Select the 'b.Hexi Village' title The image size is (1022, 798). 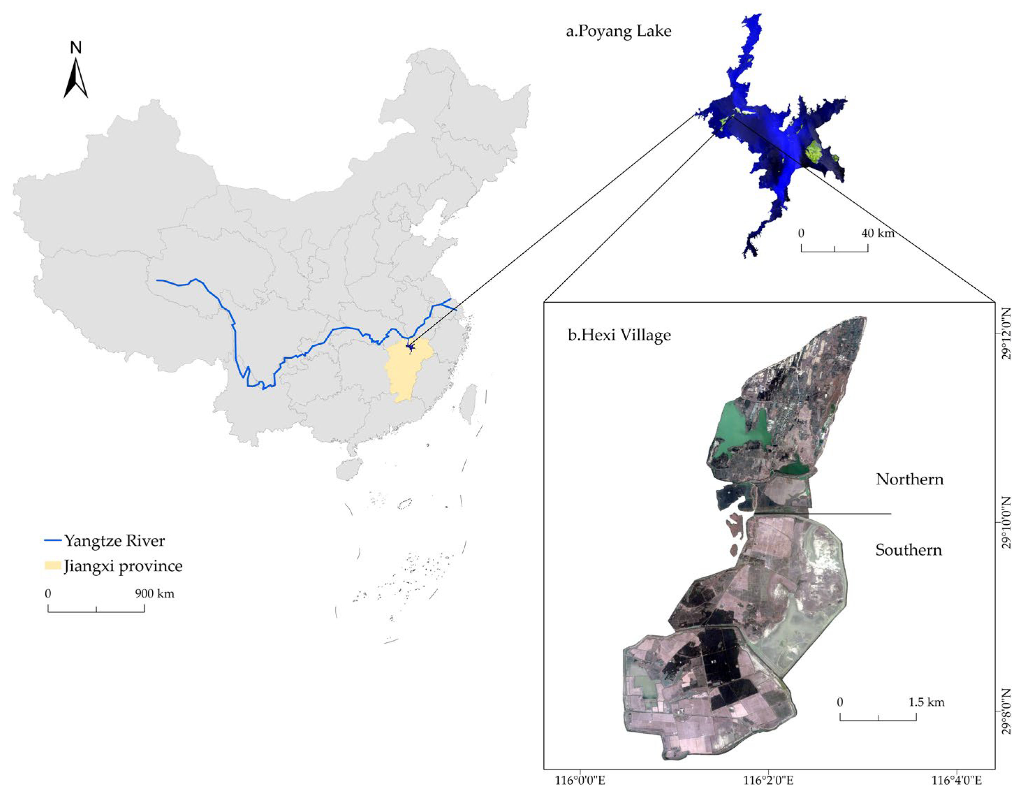coord(619,335)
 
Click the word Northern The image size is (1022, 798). coord(909,479)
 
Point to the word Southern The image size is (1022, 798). coord(908,550)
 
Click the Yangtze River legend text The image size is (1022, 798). coord(114,541)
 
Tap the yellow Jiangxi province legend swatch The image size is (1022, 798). coord(52,566)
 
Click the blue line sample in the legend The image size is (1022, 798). coord(52,541)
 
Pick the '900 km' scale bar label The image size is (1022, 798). coord(154,594)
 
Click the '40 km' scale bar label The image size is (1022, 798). coord(878,233)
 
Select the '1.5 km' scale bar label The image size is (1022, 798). coord(926,702)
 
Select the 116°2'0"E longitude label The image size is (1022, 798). coord(768,781)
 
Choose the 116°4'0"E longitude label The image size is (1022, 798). coord(957,781)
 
